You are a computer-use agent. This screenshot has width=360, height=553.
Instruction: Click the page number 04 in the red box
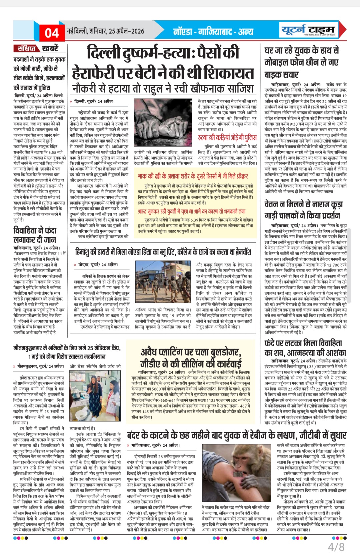click(52, 33)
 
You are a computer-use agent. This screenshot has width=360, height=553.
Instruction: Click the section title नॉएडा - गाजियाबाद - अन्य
click(213, 32)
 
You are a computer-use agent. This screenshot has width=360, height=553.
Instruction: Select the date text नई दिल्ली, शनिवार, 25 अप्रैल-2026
click(106, 31)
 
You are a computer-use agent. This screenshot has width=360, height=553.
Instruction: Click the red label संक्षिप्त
click(27, 48)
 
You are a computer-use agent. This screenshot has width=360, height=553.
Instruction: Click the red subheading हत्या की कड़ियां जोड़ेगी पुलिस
click(227, 137)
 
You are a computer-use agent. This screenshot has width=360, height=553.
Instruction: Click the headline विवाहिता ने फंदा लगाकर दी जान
click(35, 235)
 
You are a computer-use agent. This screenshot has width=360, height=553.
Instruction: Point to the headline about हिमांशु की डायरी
click(163, 252)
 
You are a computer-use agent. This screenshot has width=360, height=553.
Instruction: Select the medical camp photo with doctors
click(95, 396)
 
